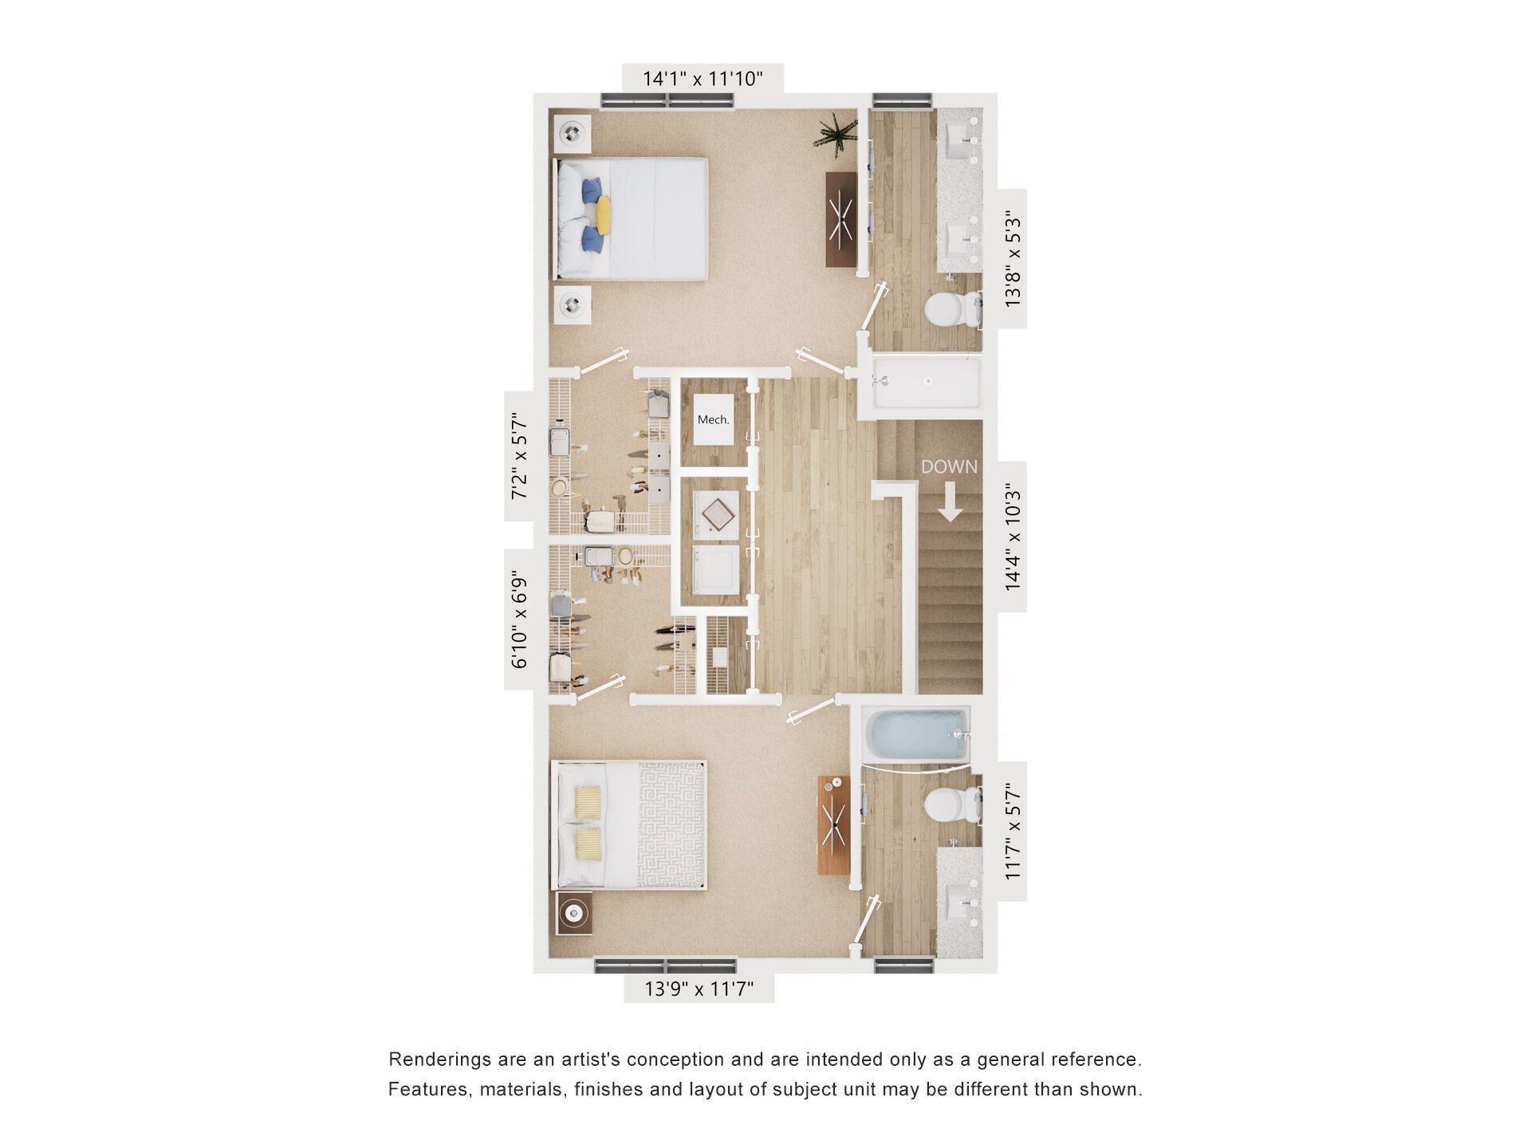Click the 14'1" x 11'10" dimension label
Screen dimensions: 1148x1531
703,79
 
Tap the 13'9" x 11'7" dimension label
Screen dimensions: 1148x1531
699,989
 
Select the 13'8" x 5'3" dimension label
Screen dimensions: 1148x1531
1013,258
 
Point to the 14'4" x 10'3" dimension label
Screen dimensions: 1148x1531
1013,537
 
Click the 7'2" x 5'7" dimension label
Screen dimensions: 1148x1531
519,455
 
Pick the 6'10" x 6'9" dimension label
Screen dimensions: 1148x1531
519,619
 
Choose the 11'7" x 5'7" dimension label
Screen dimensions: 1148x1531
1013,831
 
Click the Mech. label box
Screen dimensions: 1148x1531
713,419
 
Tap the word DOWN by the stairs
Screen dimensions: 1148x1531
949,467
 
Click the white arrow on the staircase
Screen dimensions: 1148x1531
949,505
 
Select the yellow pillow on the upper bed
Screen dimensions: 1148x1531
604,215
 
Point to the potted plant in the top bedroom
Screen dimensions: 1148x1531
835,133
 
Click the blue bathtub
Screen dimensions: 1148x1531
917,734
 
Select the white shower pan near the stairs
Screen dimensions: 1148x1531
927,383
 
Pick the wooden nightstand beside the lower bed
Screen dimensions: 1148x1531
574,912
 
